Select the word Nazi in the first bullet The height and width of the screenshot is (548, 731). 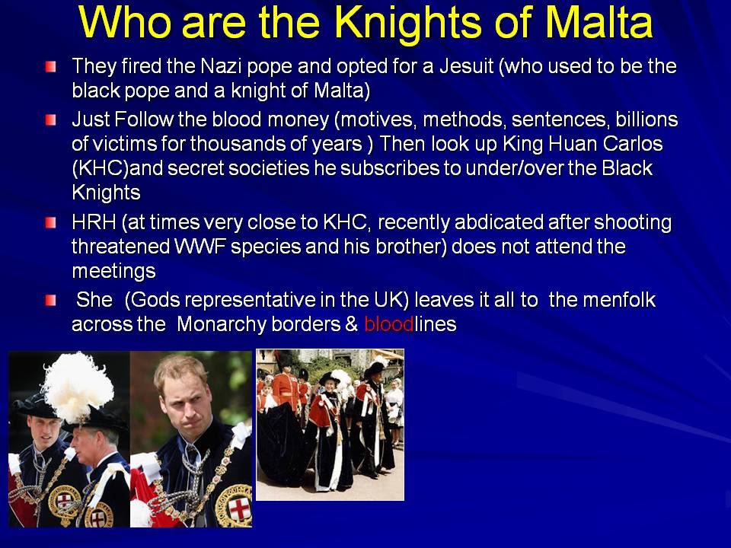tap(221, 66)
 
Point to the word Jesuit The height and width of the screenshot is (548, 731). tap(466, 66)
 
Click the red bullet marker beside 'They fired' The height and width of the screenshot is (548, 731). tap(51, 67)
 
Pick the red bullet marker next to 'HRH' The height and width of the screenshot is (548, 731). tap(51, 223)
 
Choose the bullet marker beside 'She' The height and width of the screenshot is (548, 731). tap(51, 301)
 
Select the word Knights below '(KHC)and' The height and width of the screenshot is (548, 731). tap(107, 193)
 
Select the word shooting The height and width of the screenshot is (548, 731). tap(633, 223)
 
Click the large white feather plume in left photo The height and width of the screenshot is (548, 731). tap(78, 387)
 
